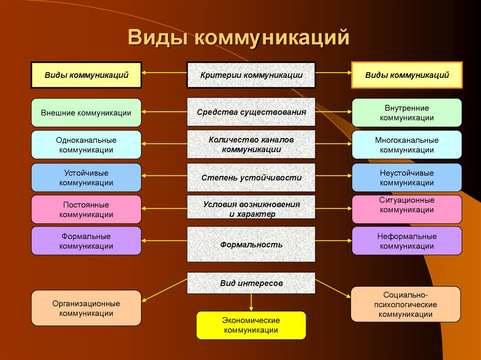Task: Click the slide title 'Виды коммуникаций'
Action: click(x=239, y=38)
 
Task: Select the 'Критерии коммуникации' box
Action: click(x=251, y=75)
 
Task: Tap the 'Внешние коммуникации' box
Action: click(x=86, y=113)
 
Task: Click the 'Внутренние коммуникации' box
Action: click(x=406, y=113)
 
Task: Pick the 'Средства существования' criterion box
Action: click(x=251, y=112)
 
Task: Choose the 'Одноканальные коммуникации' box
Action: click(x=86, y=145)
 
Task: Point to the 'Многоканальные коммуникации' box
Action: click(x=406, y=145)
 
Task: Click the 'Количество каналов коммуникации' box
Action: click(x=251, y=145)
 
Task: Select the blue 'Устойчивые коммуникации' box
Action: click(x=86, y=177)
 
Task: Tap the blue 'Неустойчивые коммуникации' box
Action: click(x=406, y=177)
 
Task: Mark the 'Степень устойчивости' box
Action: click(x=251, y=178)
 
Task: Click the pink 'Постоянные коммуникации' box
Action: click(x=86, y=209)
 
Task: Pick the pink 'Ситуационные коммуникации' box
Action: click(x=406, y=209)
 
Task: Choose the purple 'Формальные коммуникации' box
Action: click(x=86, y=241)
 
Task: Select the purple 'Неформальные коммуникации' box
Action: click(x=406, y=241)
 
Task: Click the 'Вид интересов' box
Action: click(x=251, y=283)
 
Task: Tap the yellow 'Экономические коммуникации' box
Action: click(x=251, y=325)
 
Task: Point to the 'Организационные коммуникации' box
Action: click(x=86, y=308)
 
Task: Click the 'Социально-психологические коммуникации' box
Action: click(x=406, y=304)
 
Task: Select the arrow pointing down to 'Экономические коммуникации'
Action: click(x=251, y=302)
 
